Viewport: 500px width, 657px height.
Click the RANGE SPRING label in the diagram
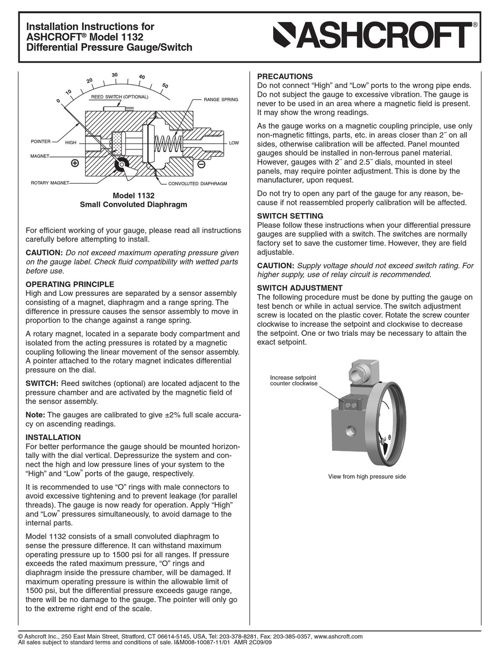221,99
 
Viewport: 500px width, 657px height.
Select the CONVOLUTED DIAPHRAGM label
197,184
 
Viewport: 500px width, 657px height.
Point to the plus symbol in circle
75,163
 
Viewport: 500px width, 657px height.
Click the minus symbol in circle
201,165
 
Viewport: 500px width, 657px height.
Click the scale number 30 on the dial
114,75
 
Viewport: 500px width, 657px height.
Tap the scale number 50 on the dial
165,85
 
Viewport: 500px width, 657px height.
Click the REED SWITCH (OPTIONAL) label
119,97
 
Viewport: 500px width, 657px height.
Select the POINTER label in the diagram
41,142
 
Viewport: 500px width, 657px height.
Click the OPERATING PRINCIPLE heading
70,284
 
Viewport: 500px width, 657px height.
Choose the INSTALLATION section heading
53,437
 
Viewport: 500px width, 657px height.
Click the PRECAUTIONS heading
284,76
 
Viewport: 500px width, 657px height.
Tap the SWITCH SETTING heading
290,216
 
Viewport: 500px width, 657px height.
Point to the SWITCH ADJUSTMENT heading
299,288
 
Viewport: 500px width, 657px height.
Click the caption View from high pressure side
367,476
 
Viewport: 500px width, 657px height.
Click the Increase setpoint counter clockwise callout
294,381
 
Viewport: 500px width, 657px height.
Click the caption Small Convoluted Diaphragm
133,204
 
